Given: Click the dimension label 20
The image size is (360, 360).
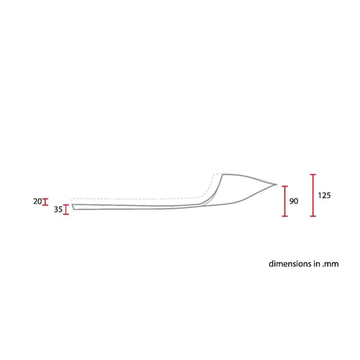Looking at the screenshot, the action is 37,202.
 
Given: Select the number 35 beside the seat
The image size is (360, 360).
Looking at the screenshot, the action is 58,210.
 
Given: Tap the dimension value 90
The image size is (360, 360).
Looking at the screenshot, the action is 294,201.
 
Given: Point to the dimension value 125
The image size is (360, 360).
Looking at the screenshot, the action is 324,195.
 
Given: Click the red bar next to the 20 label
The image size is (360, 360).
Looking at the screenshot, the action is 45,202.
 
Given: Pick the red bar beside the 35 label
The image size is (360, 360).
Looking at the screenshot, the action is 66,210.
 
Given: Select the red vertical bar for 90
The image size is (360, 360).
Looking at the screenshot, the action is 285,201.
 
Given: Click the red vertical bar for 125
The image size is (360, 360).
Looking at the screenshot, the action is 313,195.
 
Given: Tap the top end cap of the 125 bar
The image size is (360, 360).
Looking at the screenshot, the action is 313,174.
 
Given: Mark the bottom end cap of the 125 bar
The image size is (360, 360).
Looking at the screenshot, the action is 313,216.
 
